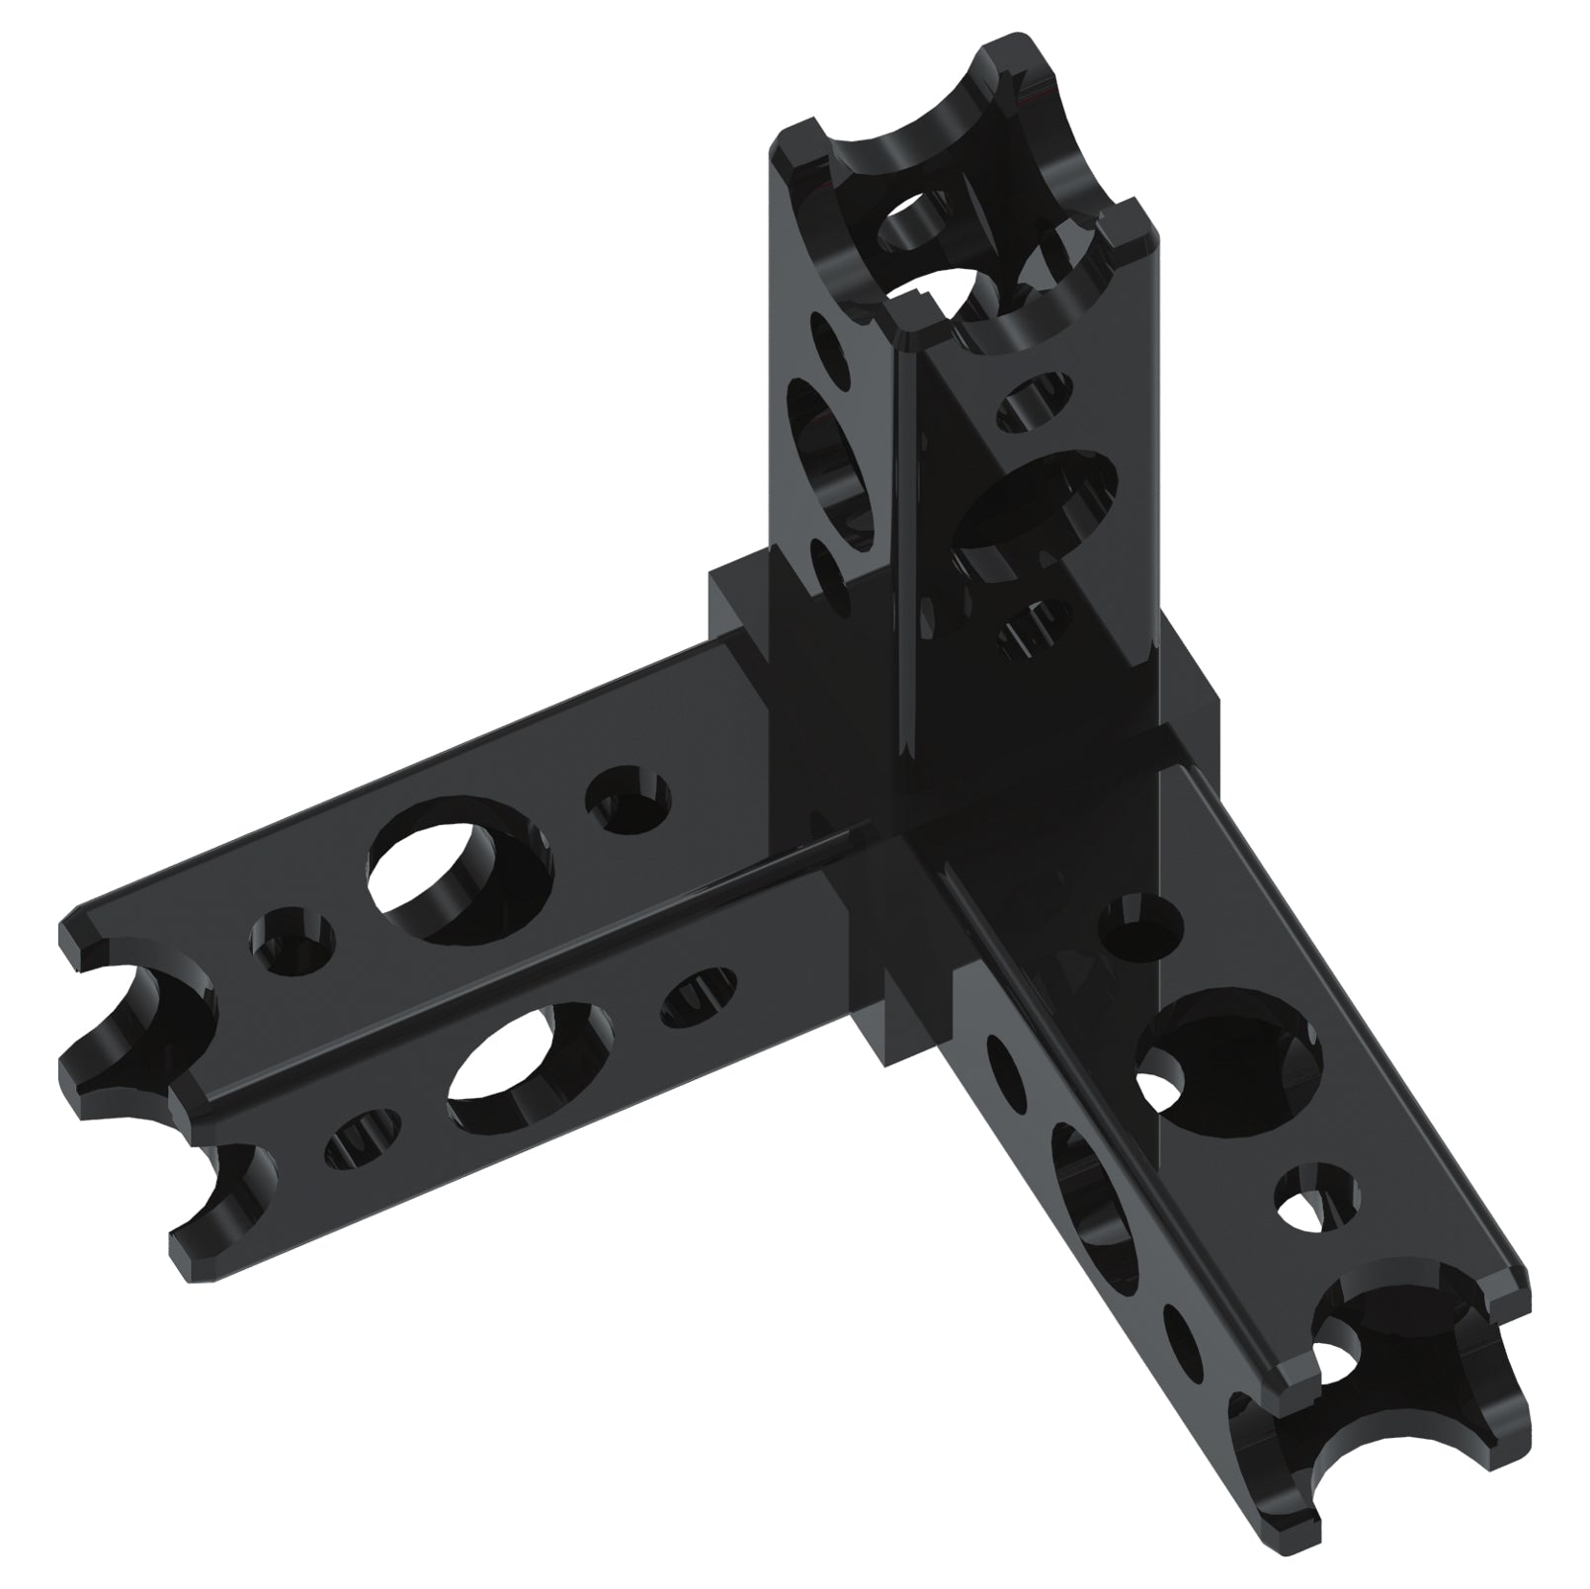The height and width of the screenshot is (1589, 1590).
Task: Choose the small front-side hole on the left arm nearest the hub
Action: [x=698, y=993]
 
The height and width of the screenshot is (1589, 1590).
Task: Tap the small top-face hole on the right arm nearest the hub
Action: [x=1139, y=925]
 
